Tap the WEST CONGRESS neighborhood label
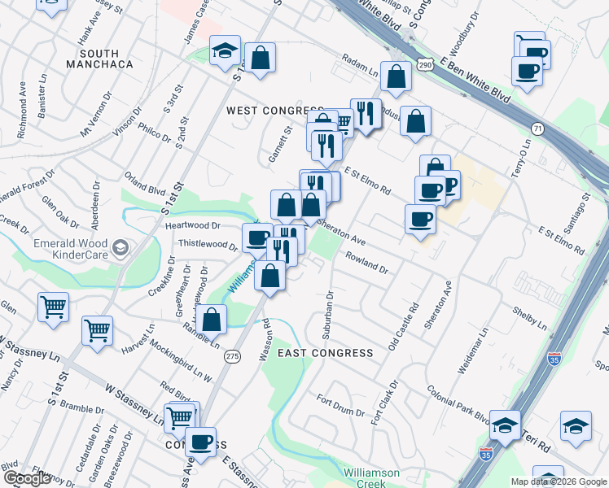coord(275,111)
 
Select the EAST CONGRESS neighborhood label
coord(325,353)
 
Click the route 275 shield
coord(233,356)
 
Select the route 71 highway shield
coord(537,129)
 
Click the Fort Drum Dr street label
coord(340,406)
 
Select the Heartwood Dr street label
coord(193,226)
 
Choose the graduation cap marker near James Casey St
coord(225,50)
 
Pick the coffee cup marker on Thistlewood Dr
coord(257,237)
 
